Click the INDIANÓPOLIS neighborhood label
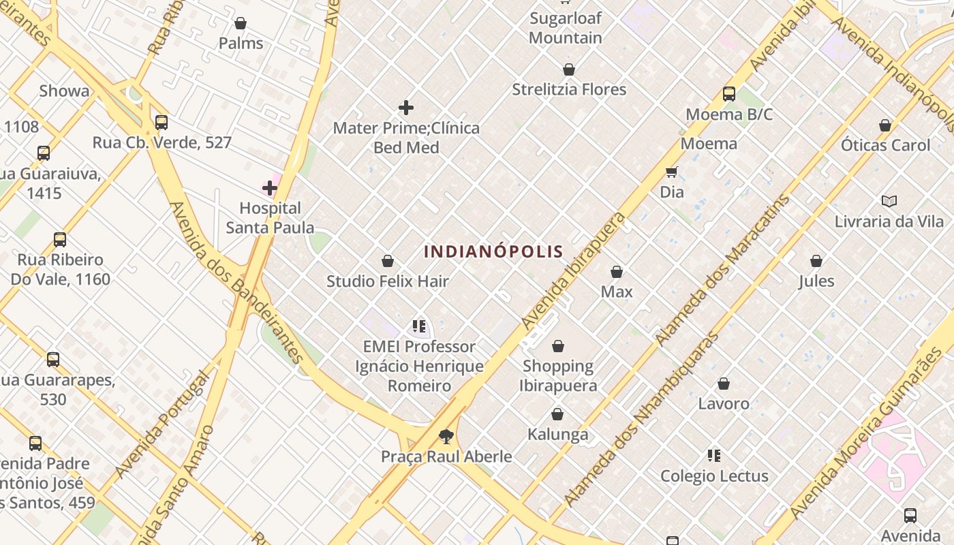(x=493, y=251)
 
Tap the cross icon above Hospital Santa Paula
(x=270, y=188)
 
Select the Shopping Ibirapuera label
(x=558, y=375)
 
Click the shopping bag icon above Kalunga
(x=557, y=414)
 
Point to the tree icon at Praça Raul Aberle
(x=446, y=436)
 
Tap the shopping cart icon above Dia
(x=672, y=172)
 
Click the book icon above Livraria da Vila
(x=889, y=201)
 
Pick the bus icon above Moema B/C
(x=729, y=94)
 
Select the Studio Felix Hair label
(x=387, y=281)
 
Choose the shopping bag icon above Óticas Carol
(x=885, y=125)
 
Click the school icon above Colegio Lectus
(x=714, y=455)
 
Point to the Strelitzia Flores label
(x=569, y=89)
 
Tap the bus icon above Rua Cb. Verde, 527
(x=161, y=123)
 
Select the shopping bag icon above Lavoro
(x=724, y=384)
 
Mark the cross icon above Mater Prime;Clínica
(x=406, y=108)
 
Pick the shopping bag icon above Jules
(x=816, y=261)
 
